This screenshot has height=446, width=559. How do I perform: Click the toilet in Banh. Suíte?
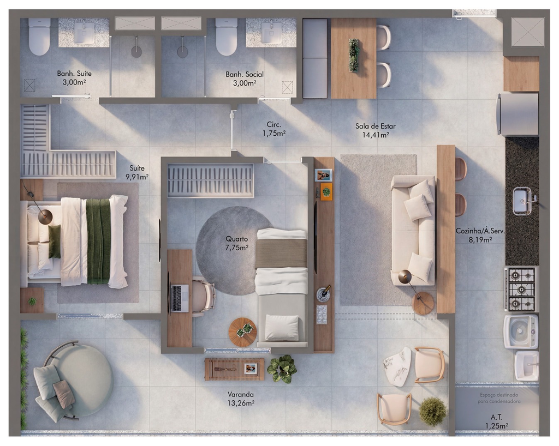coord(39,37)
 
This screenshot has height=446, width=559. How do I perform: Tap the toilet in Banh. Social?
coord(227,37)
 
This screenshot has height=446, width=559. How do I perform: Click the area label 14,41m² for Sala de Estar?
coord(376,135)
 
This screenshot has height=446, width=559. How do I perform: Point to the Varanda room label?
coord(241,394)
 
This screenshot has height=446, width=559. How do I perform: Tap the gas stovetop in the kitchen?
coord(521,289)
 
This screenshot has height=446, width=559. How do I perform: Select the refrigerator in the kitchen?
coord(518,114)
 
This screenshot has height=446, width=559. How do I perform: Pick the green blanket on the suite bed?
coord(98,241)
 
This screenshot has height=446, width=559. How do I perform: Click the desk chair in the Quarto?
coord(203,297)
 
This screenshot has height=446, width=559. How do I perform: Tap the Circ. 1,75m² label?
coord(274,129)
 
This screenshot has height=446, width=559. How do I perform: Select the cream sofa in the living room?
coord(413,230)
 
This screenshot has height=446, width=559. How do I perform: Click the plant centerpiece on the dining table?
coord(354,55)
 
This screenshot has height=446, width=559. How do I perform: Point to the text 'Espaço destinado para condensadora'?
coord(499,398)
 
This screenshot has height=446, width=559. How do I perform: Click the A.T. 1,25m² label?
coord(496,421)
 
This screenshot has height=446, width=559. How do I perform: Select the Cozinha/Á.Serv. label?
coord(480,231)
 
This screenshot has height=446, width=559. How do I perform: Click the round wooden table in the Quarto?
coord(243,332)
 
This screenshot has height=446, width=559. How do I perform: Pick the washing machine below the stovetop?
coord(520,332)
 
